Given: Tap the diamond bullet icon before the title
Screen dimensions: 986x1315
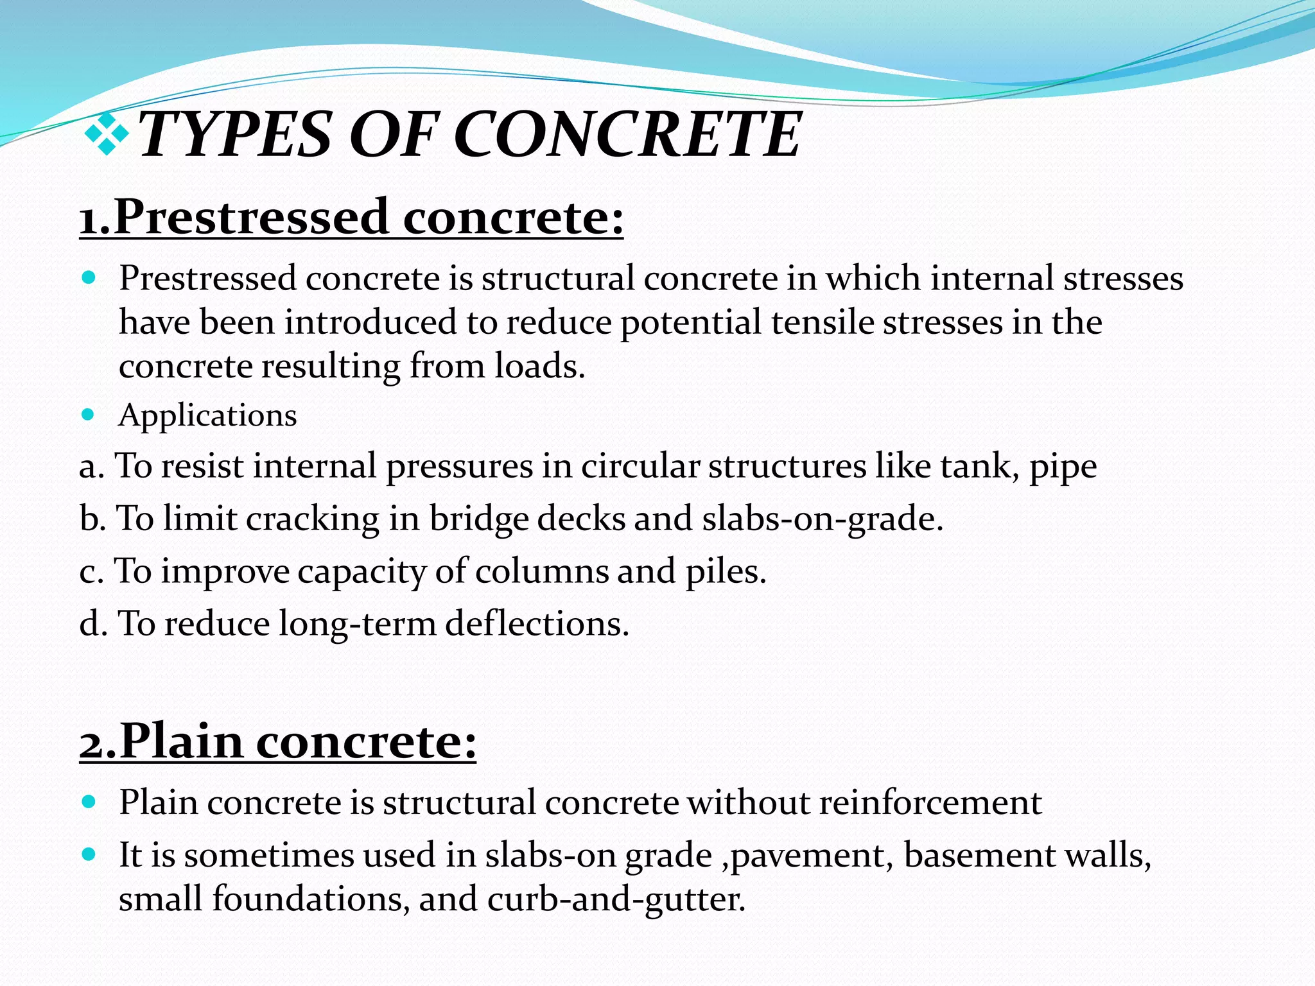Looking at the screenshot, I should pos(107,134).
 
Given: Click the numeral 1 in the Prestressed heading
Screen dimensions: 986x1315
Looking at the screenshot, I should pos(91,219).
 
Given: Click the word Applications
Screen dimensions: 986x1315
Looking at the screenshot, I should pos(207,415).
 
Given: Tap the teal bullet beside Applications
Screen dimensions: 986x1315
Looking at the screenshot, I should pos(89,414).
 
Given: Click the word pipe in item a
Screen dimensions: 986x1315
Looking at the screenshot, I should pos(1063,467).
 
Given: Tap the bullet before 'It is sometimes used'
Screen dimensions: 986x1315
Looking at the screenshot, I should pos(89,854).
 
